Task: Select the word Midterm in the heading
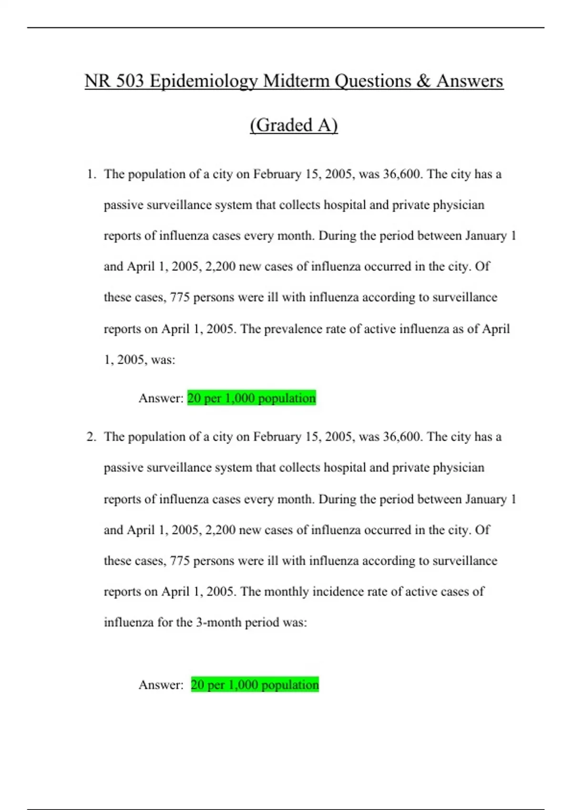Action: (x=296, y=81)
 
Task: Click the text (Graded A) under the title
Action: (x=294, y=125)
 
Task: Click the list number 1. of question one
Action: (x=91, y=174)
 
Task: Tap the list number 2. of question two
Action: (x=91, y=437)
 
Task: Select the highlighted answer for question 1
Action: (x=251, y=398)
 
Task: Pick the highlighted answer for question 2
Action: (x=255, y=685)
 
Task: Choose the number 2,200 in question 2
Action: (x=220, y=530)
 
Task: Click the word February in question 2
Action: (x=277, y=437)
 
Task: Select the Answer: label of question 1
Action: (x=161, y=398)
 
